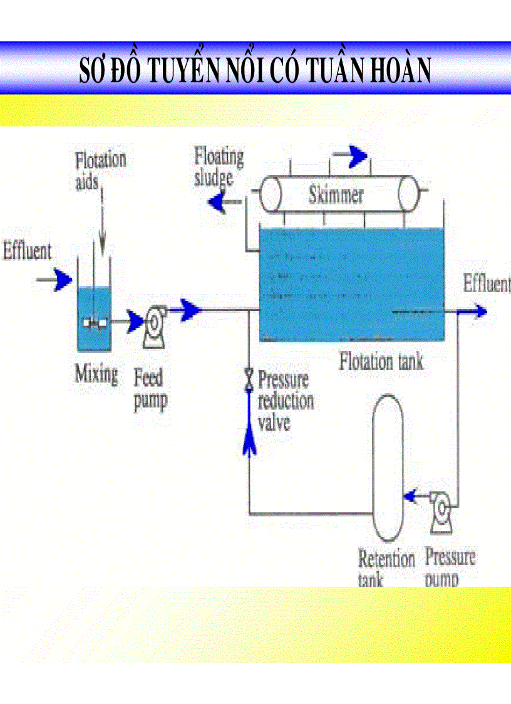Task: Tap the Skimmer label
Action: tap(336, 195)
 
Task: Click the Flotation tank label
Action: tap(381, 361)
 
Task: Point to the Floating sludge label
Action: tap(218, 166)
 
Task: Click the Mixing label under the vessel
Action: tap(96, 374)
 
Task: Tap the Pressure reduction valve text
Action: tap(286, 401)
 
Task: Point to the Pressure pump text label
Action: tap(449, 566)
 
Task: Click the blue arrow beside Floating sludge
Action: tap(219, 202)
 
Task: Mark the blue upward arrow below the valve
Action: tap(249, 426)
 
